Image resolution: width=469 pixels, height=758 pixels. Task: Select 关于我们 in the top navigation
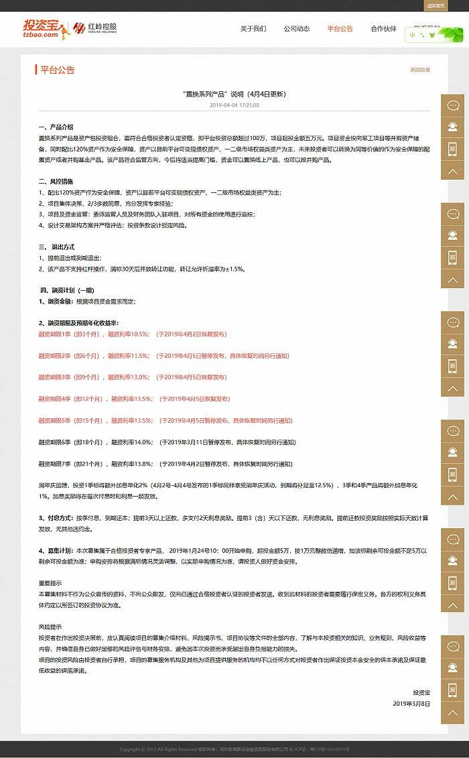[253, 29]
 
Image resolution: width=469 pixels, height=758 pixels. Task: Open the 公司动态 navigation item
[296, 29]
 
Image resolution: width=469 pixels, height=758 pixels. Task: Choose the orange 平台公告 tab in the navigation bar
[340, 29]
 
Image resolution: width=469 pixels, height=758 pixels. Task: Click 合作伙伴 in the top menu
[383, 29]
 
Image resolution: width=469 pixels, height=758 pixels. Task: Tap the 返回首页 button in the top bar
[435, 5]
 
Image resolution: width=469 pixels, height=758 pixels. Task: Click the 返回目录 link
[420, 70]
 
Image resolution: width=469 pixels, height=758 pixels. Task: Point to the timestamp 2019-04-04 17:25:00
[234, 105]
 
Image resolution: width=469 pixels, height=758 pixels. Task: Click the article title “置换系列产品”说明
[234, 94]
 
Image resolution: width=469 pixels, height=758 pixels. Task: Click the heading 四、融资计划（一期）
[67, 290]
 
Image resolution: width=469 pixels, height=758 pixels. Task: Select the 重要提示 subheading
[50, 583]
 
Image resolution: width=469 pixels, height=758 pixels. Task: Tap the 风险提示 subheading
[50, 627]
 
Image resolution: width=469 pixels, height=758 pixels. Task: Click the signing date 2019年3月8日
[411, 704]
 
